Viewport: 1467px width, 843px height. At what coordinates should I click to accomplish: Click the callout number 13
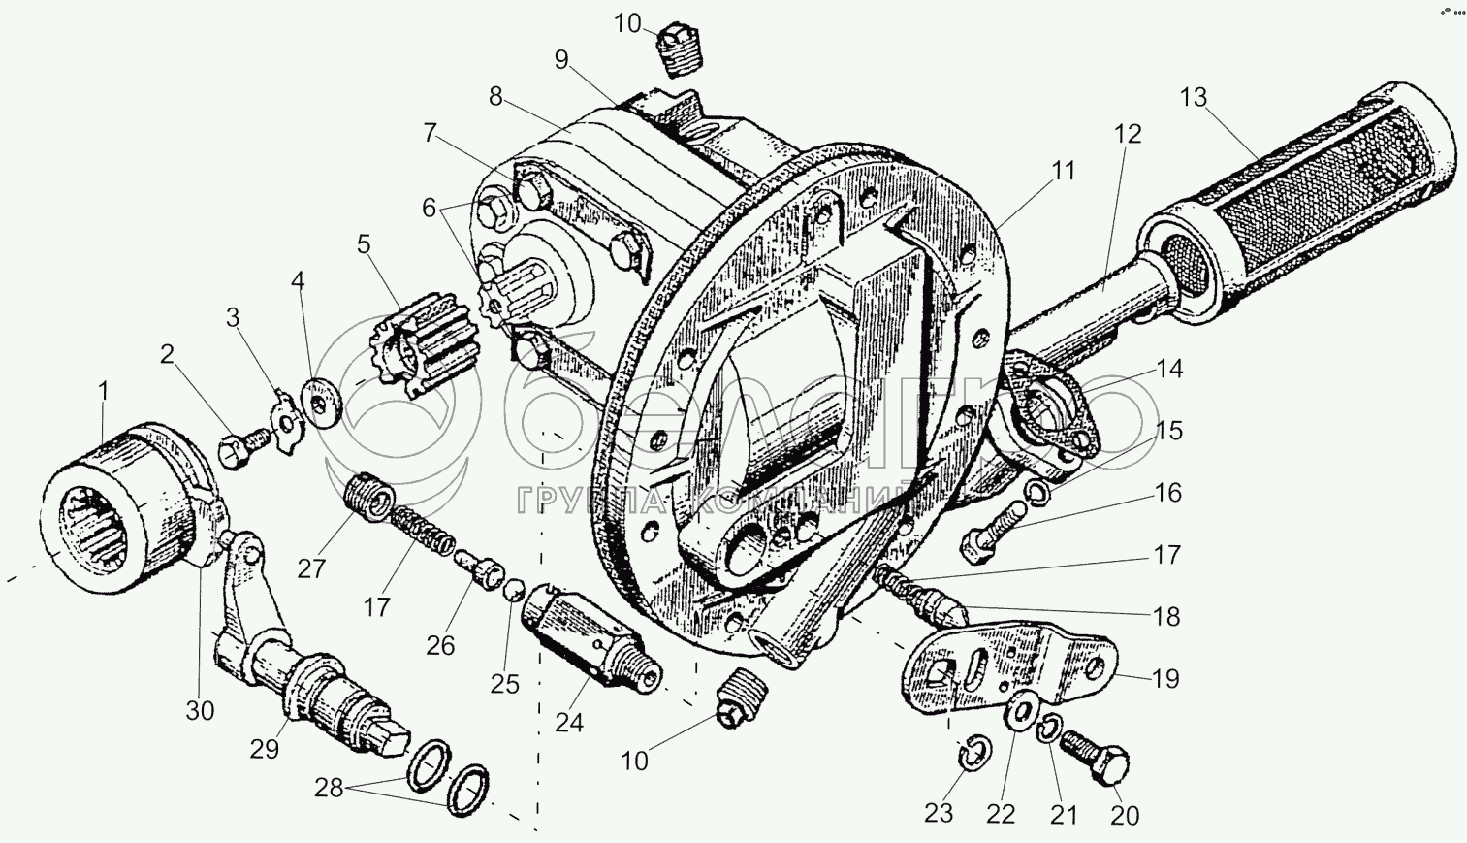tap(1195, 98)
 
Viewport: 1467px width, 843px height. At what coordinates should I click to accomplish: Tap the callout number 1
tap(103, 393)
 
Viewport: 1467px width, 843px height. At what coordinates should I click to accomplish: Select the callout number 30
tap(201, 710)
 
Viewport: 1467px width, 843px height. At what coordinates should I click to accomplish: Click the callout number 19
tap(1166, 678)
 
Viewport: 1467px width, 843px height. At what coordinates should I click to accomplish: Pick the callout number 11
tap(1064, 172)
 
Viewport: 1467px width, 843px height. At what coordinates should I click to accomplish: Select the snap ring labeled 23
tap(973, 754)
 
